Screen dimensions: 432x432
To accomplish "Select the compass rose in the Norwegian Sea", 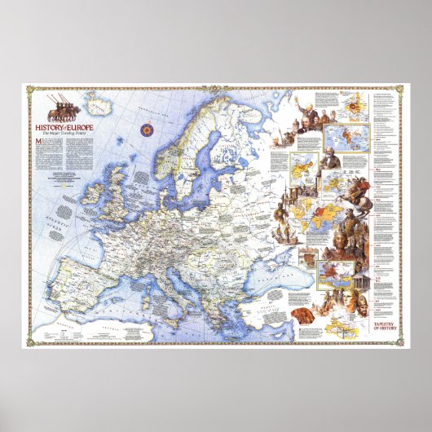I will tap(148, 129).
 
